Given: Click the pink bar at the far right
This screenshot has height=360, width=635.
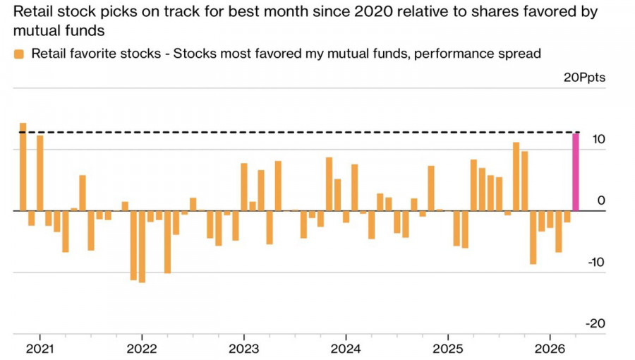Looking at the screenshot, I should [x=575, y=172].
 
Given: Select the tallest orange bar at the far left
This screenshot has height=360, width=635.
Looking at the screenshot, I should [x=23, y=167].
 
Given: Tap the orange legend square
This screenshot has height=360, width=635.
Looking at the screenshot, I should [x=19, y=54].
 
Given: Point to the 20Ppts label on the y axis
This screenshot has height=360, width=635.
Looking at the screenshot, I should [x=584, y=78].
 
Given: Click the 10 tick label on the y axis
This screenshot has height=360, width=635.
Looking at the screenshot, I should [x=598, y=139].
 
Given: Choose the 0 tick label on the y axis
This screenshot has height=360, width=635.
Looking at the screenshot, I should [x=601, y=200].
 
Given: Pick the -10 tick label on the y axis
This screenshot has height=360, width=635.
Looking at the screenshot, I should [x=596, y=262].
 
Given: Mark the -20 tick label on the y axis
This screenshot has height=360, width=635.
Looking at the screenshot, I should [x=596, y=323].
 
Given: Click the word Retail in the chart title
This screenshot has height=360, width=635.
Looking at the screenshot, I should [x=32, y=12].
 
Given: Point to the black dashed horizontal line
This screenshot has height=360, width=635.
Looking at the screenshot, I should [x=296, y=132].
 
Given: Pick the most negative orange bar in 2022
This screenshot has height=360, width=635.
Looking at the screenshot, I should [x=142, y=246].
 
